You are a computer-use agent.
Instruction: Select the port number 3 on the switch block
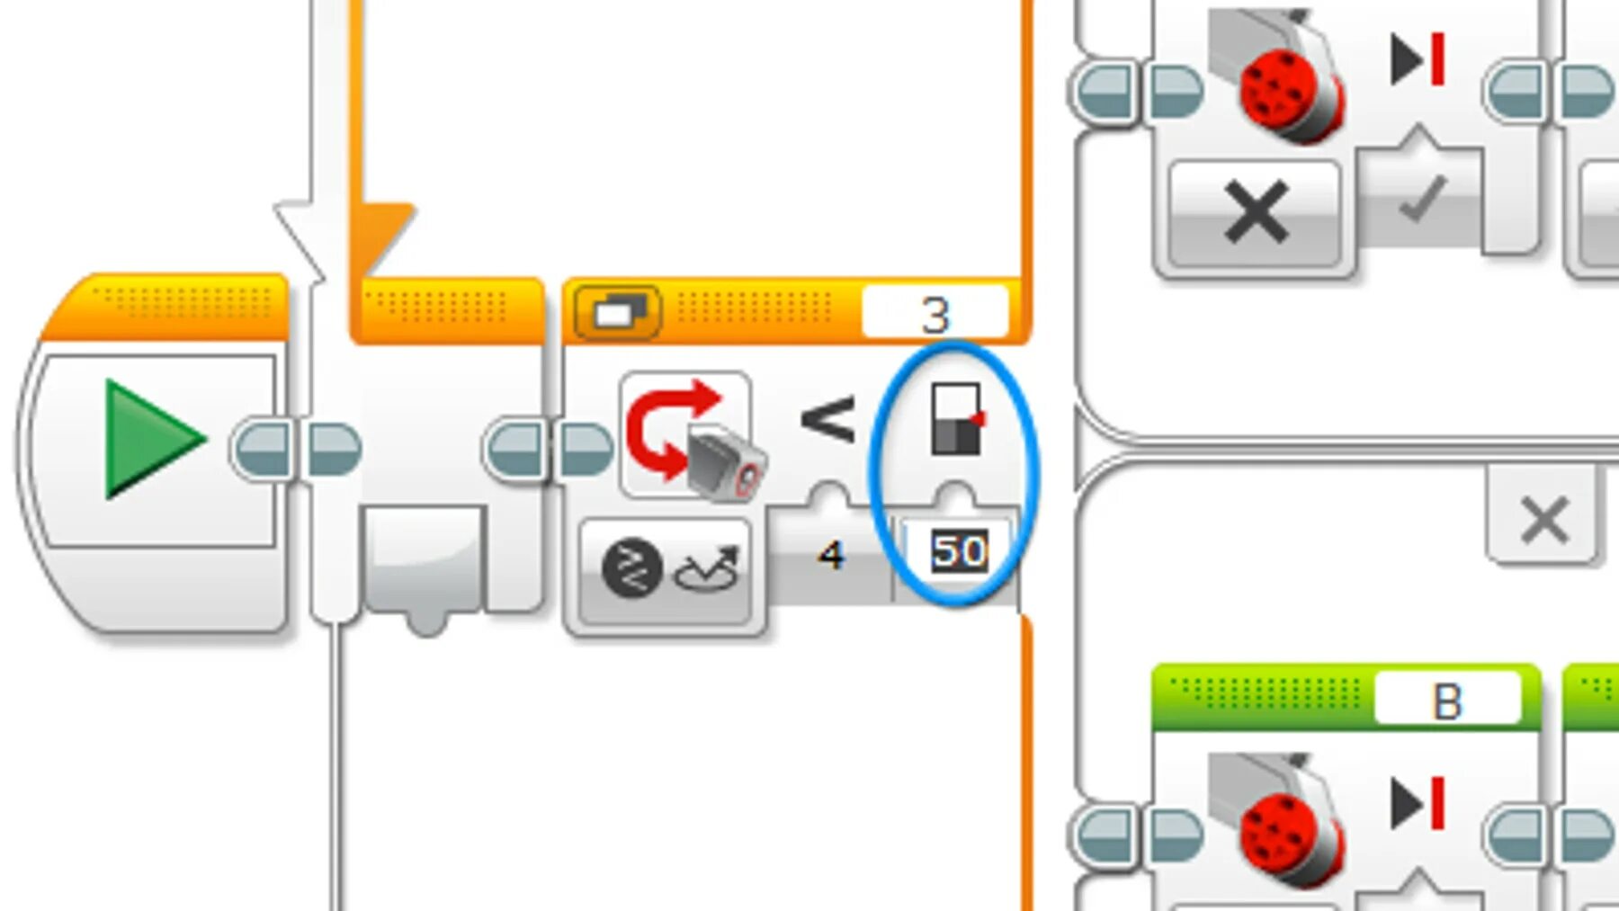(935, 314)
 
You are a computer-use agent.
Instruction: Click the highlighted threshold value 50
(959, 551)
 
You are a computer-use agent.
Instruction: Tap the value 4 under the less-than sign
(831, 555)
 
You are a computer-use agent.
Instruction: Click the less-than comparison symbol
(827, 420)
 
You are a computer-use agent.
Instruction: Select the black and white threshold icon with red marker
(956, 419)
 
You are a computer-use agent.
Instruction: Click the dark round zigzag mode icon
(632, 568)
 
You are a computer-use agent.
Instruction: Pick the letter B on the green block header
(1446, 701)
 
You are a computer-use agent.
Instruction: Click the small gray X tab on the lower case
(1544, 520)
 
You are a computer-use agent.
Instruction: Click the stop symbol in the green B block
(1417, 803)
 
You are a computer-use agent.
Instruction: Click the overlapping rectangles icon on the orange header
(618, 312)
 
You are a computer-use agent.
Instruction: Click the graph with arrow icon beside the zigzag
(708, 568)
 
